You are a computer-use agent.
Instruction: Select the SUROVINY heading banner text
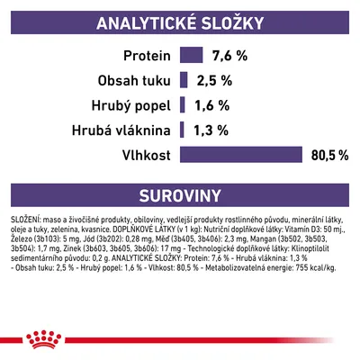(180, 194)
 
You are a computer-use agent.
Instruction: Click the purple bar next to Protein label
(191, 56)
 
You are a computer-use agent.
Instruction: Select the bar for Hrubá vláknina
(183, 130)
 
